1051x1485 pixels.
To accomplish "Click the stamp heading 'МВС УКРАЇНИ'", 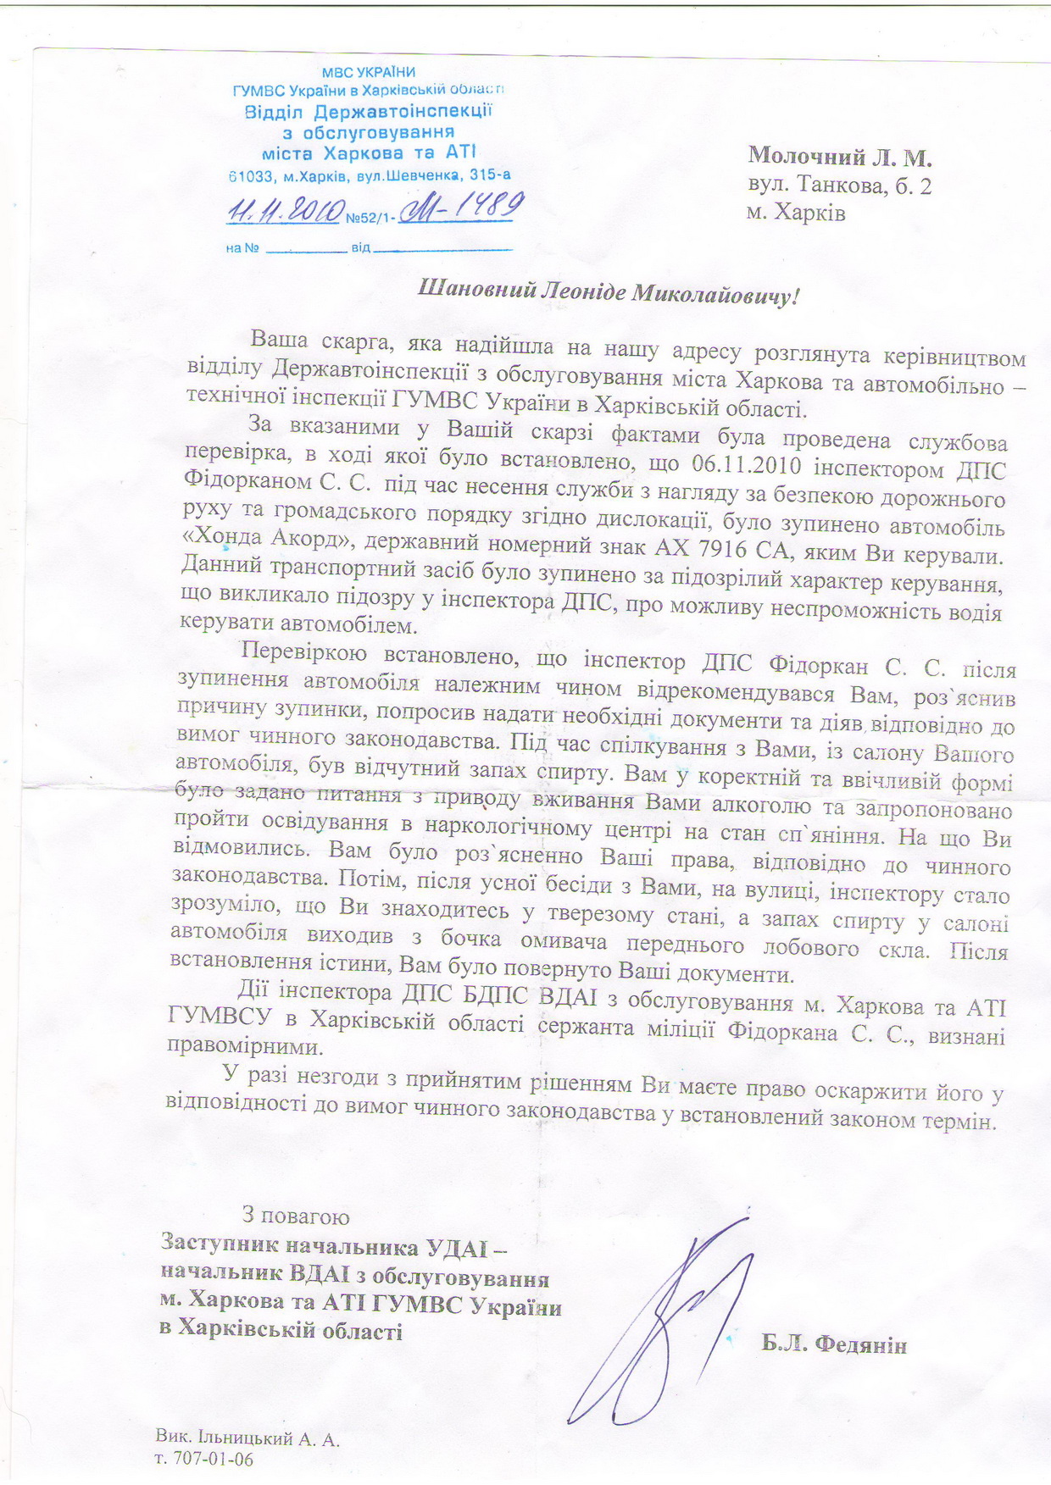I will [x=369, y=72].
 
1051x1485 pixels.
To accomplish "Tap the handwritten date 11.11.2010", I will [x=286, y=210].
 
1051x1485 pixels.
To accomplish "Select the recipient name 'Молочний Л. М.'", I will [x=840, y=157].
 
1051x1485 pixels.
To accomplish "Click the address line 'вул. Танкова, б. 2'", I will [x=840, y=186].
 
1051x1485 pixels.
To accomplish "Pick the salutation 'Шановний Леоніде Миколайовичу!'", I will [x=609, y=293].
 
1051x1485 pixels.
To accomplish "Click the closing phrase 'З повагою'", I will [x=296, y=1216].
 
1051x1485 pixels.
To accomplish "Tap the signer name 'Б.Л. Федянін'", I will [x=834, y=1344].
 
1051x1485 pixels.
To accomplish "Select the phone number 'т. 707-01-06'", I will [x=204, y=1458].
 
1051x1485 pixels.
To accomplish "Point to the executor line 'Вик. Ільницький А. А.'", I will [x=247, y=1438].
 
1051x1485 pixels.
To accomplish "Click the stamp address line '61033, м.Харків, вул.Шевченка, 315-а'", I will [x=370, y=176].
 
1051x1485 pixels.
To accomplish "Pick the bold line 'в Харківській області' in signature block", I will [x=281, y=1330].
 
